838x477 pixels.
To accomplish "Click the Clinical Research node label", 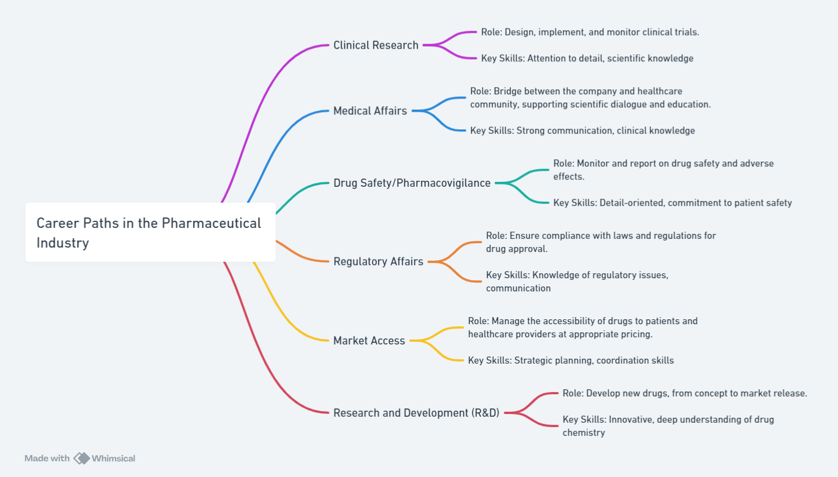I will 375,45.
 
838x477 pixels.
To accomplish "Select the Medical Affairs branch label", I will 370,111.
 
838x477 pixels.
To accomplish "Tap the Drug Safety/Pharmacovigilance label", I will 412,183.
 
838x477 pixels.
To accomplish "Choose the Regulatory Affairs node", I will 378,262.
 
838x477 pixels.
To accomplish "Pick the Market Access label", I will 369,341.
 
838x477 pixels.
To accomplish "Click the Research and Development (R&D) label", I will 416,413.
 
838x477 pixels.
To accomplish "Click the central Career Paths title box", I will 150,233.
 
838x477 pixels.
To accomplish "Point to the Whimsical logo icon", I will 82,458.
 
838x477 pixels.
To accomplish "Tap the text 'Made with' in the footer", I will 47,458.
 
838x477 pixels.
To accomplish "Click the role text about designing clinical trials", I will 590,32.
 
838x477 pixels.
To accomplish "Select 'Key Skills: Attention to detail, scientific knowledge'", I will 587,59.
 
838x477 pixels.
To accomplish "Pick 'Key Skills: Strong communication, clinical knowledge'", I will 582,131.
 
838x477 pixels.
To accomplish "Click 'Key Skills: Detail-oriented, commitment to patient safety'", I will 672,203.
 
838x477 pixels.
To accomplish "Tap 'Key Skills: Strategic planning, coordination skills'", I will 570,360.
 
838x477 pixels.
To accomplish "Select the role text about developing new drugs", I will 684,393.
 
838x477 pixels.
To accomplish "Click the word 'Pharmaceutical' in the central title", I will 211,223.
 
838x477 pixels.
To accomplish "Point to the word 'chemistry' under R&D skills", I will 583,433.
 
